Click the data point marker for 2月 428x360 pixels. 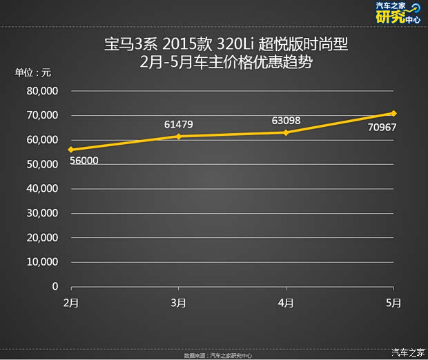70,150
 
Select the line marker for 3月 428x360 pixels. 179,136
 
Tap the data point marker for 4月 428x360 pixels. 286,132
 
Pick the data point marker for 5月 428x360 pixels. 393,113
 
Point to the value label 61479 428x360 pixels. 178,124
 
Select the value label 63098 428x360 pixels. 286,121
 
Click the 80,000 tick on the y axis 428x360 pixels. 42,90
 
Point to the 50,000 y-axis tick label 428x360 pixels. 42,164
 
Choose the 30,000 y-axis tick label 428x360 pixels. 42,213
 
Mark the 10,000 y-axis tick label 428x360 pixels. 42,262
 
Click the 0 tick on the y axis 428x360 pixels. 55,286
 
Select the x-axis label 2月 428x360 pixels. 70,303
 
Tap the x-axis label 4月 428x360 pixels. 286,303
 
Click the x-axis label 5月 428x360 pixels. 393,303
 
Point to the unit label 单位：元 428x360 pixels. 33,72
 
